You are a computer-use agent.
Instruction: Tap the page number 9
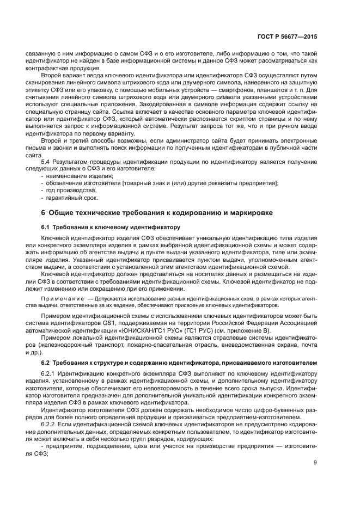315,463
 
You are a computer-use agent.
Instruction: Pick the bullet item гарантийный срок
68,197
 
